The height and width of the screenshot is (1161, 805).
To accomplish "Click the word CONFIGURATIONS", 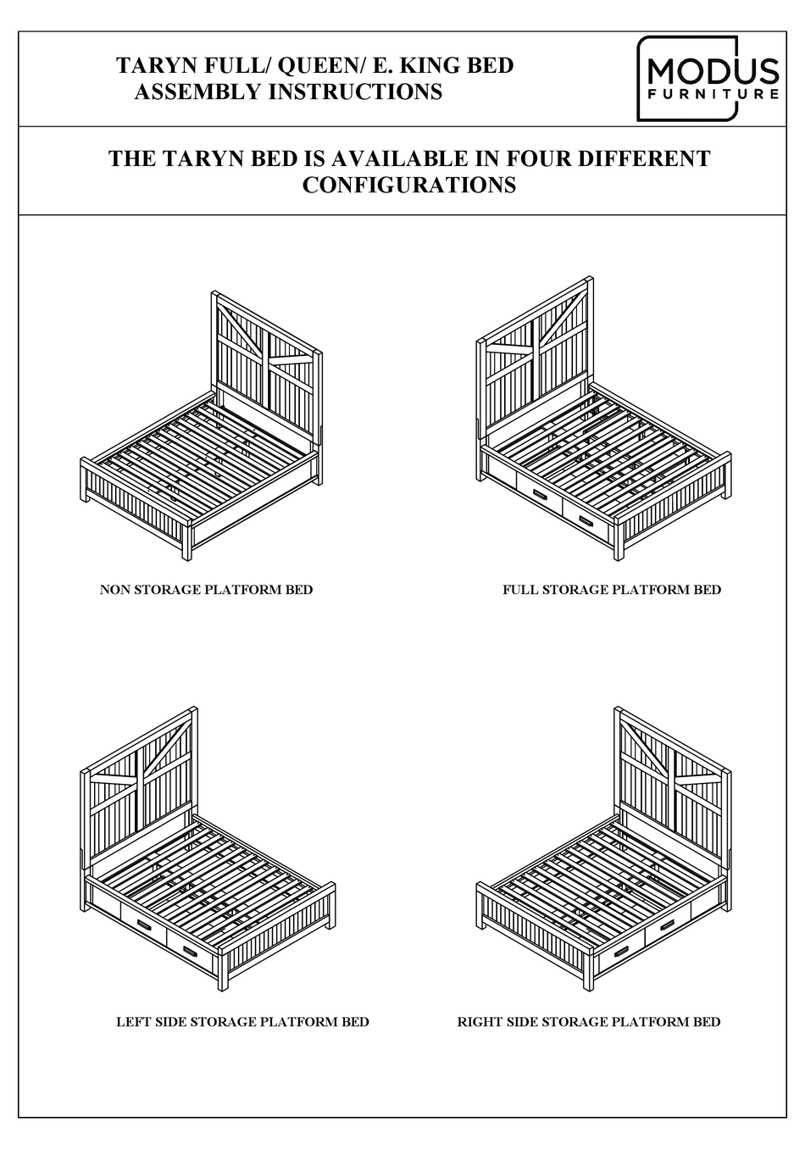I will pyautogui.click(x=409, y=185).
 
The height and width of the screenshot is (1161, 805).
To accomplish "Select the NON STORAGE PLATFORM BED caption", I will pyautogui.click(x=206, y=590).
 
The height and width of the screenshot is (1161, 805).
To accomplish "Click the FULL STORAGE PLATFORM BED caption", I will pyautogui.click(x=612, y=590).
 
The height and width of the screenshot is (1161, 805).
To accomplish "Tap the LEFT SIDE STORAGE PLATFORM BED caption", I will pyautogui.click(x=242, y=1022).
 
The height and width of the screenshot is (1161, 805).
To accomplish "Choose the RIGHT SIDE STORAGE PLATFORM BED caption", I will pyautogui.click(x=589, y=1022).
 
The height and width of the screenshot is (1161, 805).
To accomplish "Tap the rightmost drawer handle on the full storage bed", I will pyautogui.click(x=587, y=520).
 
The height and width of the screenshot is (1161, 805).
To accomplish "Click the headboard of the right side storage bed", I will pyautogui.click(x=669, y=780).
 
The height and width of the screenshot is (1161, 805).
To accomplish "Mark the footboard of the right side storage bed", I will pyautogui.click(x=534, y=924).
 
